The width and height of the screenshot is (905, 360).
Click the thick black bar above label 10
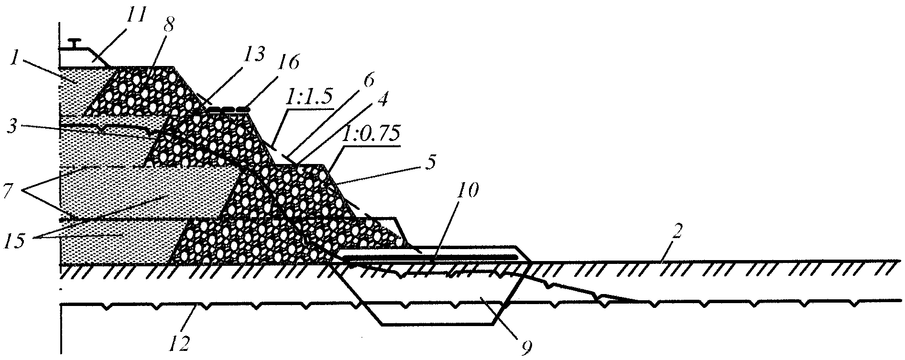click(x=430, y=257)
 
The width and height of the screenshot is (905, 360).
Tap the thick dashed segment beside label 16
click(x=229, y=109)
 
